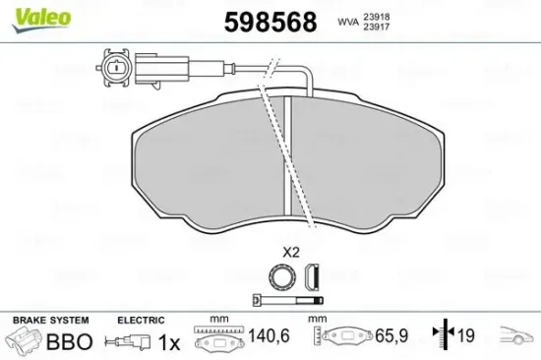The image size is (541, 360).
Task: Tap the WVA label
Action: pyautogui.click(x=348, y=21)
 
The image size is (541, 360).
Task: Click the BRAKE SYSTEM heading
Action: pyautogui.click(x=50, y=321)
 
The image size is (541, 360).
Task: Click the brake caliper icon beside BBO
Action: pyautogui.click(x=25, y=342)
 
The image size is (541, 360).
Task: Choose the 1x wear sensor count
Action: pyautogui.click(x=169, y=342)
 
